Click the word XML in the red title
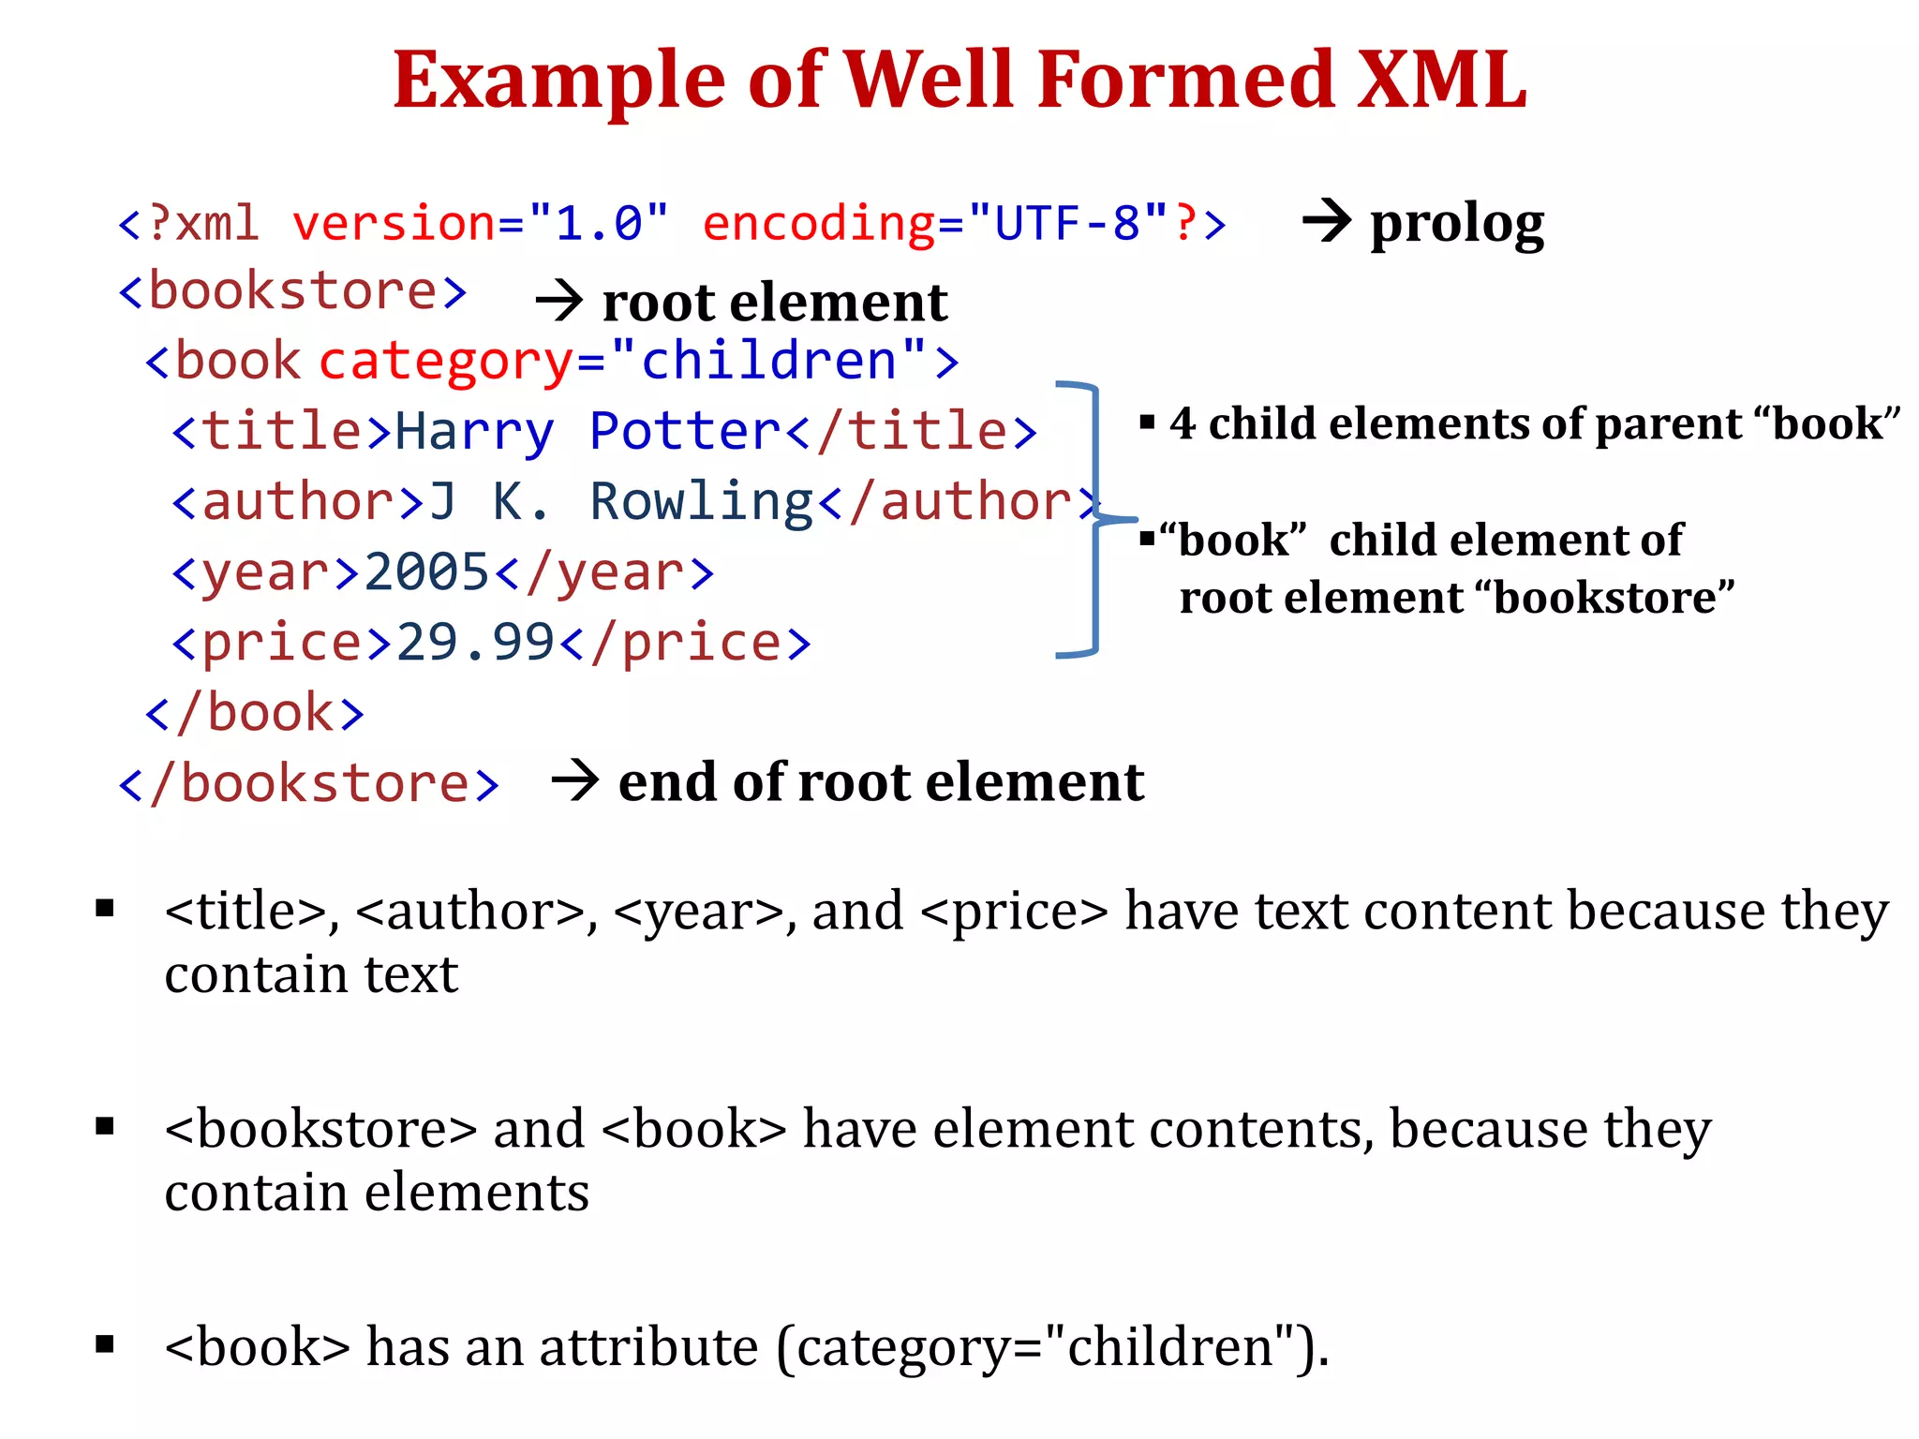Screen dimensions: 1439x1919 (x=1443, y=81)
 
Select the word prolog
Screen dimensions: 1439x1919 (x=1457, y=225)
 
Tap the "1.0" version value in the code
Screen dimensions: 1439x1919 (x=599, y=223)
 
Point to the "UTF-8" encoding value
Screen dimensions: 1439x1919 (x=1067, y=223)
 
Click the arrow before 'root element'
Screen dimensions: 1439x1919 (x=559, y=302)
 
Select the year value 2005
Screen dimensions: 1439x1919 (x=426, y=571)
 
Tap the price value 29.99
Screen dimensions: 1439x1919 (x=476, y=643)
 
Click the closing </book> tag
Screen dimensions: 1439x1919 (x=255, y=713)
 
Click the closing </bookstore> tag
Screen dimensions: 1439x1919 (x=309, y=783)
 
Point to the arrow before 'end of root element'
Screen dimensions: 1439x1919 (x=575, y=780)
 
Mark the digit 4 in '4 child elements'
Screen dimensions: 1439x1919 (x=1183, y=423)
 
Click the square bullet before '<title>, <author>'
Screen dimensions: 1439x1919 (x=105, y=908)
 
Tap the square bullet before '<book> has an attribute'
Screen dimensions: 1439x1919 (x=105, y=1345)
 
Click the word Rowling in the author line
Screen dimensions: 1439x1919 (x=702, y=502)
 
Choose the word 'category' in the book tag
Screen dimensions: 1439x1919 (x=446, y=362)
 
